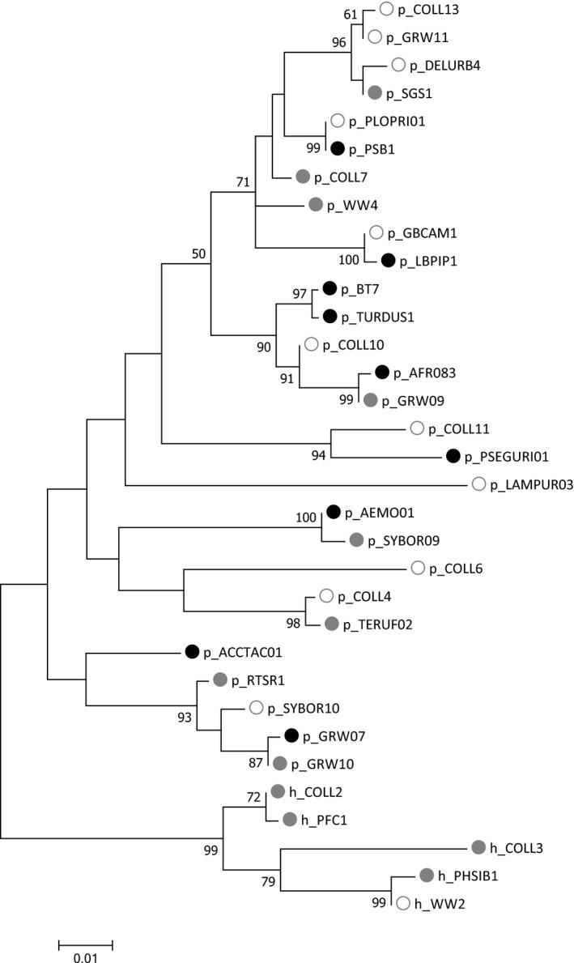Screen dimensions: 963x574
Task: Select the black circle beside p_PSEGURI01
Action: (x=453, y=457)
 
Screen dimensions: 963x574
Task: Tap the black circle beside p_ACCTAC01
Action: (x=192, y=651)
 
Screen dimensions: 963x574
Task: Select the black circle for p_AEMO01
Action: (x=333, y=512)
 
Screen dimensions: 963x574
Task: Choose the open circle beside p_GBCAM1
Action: (x=376, y=233)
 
